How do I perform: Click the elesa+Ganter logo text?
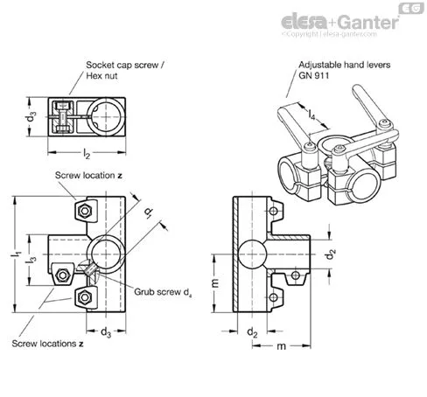click(340, 22)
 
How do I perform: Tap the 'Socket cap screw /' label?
click(125, 65)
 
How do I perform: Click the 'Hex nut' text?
click(101, 76)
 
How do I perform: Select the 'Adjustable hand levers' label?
click(344, 65)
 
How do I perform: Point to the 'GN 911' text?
click(313, 75)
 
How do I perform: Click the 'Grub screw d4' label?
click(163, 292)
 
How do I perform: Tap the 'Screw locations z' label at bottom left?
click(47, 344)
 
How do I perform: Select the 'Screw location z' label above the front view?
click(88, 176)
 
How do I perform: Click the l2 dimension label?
click(87, 154)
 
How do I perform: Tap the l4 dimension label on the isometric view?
click(311, 115)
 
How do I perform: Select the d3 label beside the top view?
click(31, 117)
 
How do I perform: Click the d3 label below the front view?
click(106, 332)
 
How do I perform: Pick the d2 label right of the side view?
click(331, 254)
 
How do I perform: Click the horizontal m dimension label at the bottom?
click(281, 346)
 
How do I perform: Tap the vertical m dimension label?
click(215, 283)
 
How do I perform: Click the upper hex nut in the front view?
click(85, 211)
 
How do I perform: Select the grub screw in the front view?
click(88, 270)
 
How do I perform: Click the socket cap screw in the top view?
click(62, 117)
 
